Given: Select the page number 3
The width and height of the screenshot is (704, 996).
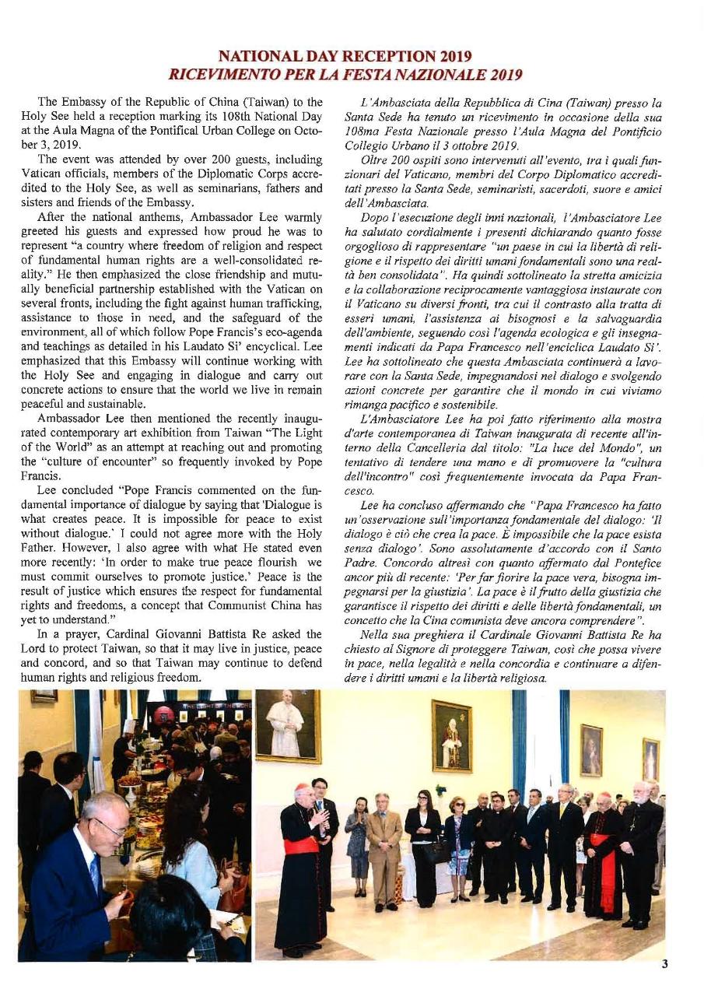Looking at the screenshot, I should click(x=664, y=964).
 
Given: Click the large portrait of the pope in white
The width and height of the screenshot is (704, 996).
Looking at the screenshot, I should click(x=287, y=726).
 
